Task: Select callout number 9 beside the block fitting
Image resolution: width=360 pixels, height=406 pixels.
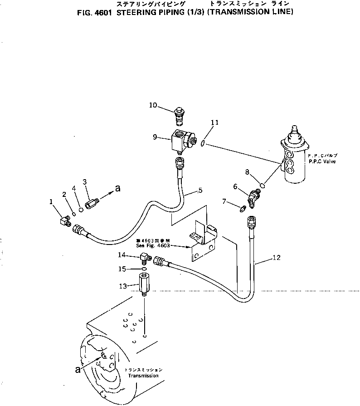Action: [x=156, y=136]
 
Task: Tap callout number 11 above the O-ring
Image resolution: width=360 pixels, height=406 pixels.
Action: [x=215, y=122]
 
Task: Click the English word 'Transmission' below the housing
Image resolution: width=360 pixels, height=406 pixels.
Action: [x=143, y=376]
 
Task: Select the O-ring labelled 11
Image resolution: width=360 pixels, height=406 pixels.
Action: [x=204, y=144]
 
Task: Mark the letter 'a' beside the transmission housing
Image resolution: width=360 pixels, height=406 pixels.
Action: [x=78, y=370]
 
